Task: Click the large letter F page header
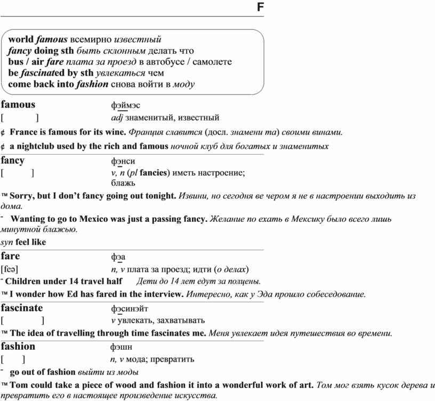[x=260, y=7]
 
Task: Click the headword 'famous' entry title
[x=18, y=105]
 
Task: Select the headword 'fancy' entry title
[x=13, y=160]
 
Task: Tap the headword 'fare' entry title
[x=11, y=256]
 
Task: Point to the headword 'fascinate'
[x=22, y=308]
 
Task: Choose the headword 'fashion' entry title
[x=18, y=346]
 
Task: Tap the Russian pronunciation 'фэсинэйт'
[x=130, y=308]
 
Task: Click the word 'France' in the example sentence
[x=24, y=132]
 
